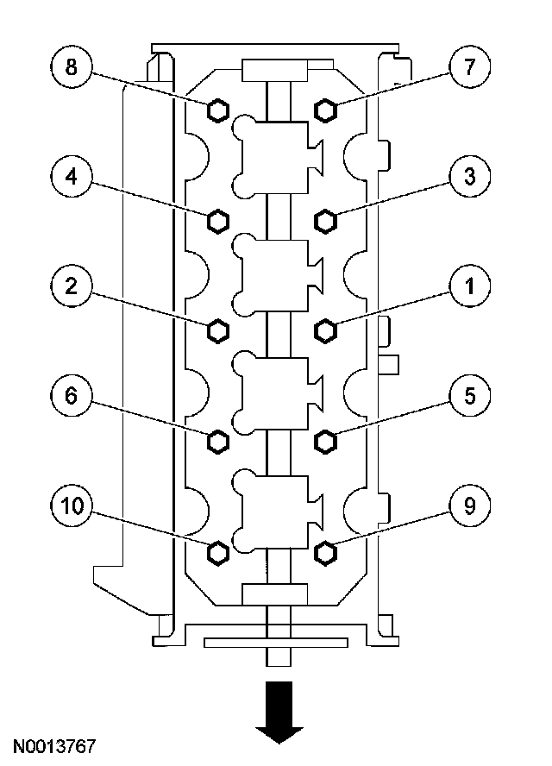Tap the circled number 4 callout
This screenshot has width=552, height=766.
72,178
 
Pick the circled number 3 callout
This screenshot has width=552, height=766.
468,178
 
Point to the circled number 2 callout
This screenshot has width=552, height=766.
72,287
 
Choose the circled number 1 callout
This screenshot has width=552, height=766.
468,287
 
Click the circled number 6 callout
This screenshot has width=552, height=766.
72,397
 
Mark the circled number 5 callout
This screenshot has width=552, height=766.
468,397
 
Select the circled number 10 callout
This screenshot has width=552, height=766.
72,506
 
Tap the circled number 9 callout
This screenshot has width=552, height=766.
468,506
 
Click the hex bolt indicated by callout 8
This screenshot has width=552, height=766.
218,110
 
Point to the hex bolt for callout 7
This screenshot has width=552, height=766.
325,110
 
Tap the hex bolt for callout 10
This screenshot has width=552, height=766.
218,550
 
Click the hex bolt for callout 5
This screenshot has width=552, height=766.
325,441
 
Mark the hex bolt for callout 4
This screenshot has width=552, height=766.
218,221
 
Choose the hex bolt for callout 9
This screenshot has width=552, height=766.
325,550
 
